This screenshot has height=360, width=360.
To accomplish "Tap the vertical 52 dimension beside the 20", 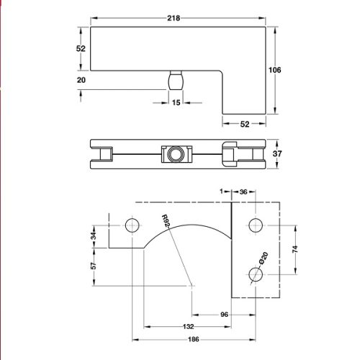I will (81, 48).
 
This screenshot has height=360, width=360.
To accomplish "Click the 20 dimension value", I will (81, 81).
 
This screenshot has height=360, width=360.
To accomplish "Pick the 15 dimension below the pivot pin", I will (176, 103).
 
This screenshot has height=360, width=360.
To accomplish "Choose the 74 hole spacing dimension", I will (295, 249).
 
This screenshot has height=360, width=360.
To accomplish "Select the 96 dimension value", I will (223, 315).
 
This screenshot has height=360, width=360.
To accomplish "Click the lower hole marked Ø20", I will (253, 274).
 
